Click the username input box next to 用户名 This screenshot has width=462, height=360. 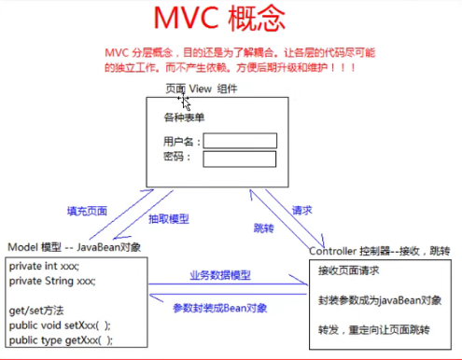pyautogui.click(x=240, y=141)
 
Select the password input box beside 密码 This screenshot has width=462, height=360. pyautogui.click(x=240, y=159)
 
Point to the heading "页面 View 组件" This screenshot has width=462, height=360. pyautogui.click(x=201, y=89)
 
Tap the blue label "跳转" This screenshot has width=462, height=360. pyautogui.click(x=264, y=227)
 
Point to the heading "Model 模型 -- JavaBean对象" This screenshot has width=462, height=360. pyautogui.click(x=75, y=247)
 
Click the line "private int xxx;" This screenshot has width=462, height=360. pyautogui.click(x=44, y=267)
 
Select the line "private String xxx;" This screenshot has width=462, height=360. pyautogui.click(x=52, y=281)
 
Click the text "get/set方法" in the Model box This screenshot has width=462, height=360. pyautogui.click(x=37, y=310)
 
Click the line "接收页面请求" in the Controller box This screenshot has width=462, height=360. pyautogui.click(x=348, y=271)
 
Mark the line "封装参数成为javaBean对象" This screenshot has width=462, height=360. pyautogui.click(x=378, y=302)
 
